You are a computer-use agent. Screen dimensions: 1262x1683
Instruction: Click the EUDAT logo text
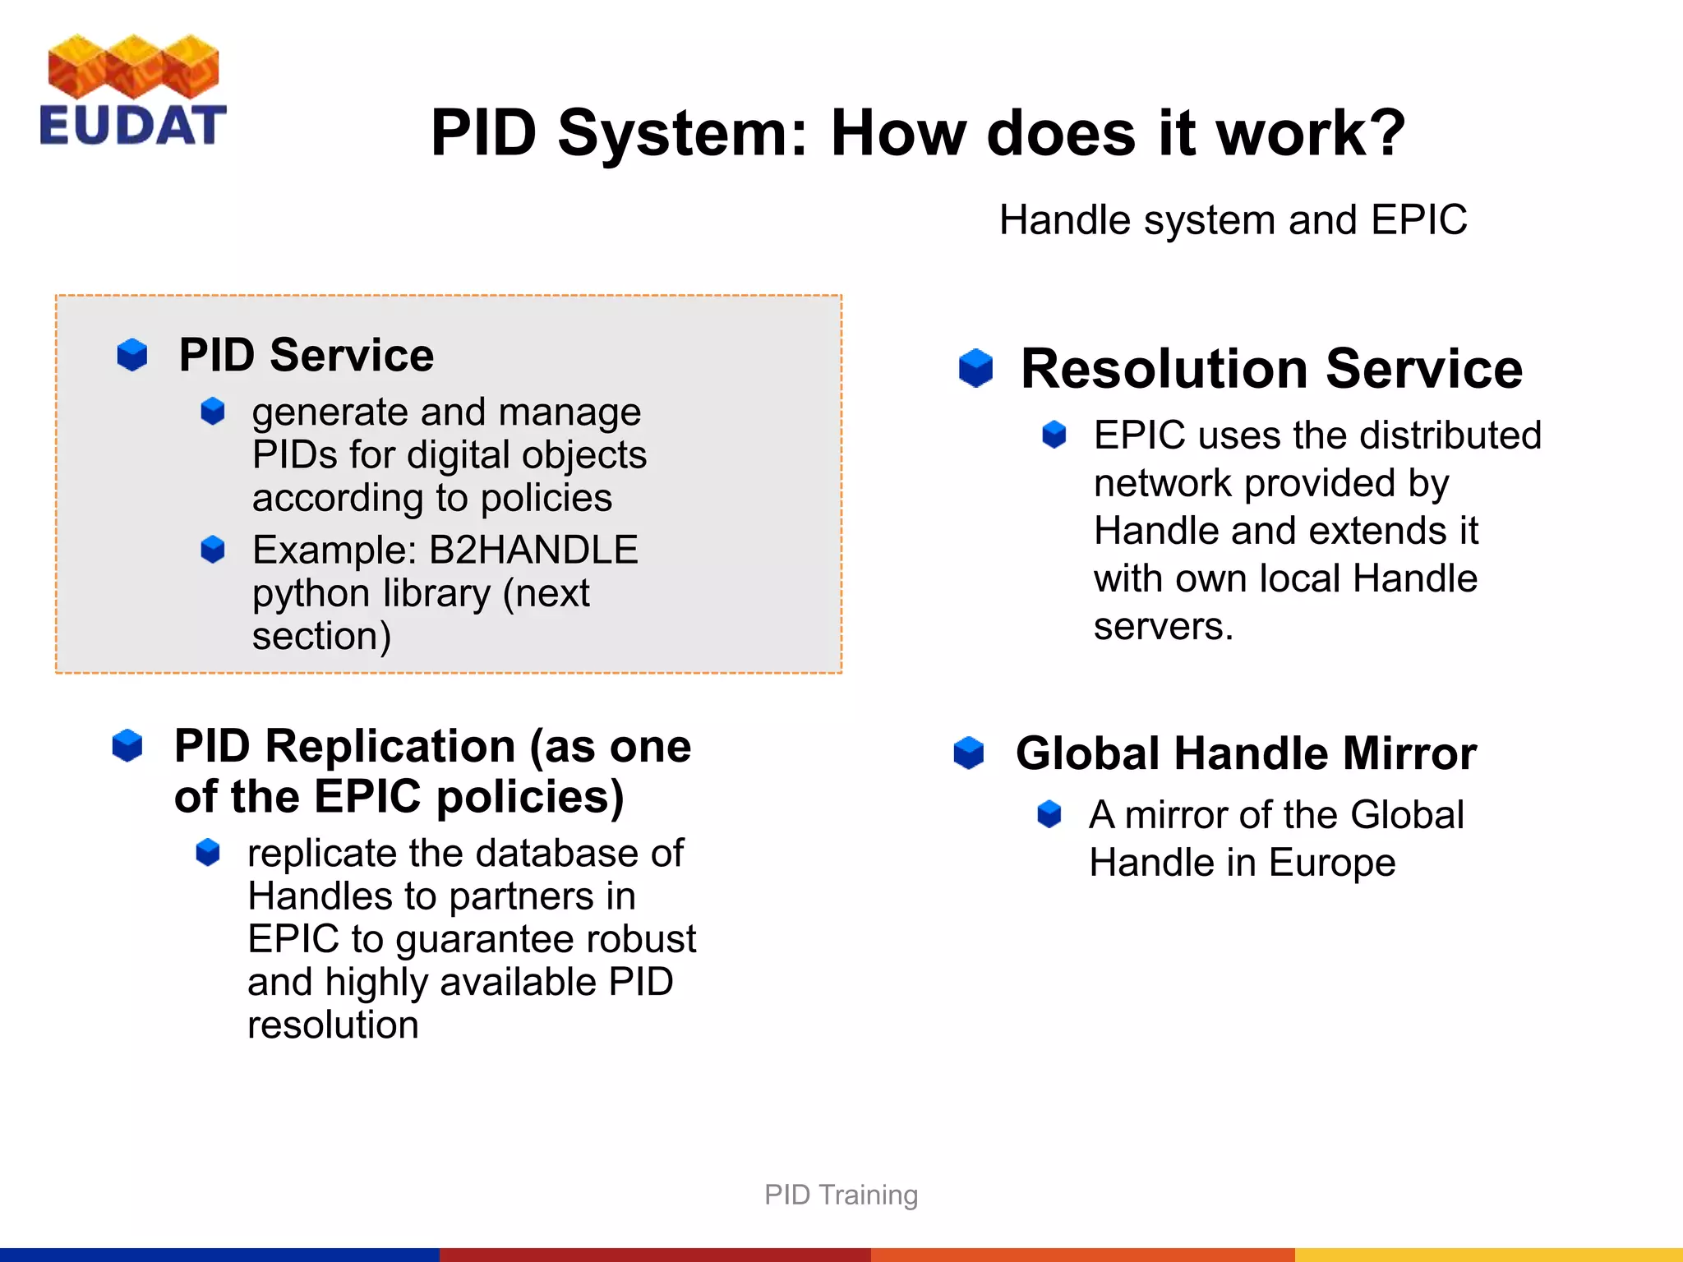pos(132,126)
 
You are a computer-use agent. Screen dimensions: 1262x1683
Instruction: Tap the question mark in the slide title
pos(1382,133)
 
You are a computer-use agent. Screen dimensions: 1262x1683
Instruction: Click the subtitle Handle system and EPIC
pos(1233,220)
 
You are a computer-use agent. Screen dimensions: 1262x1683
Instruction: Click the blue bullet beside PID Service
pos(132,355)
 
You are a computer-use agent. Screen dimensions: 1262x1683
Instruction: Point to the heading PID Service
pos(306,355)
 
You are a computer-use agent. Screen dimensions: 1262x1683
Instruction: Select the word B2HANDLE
pos(533,550)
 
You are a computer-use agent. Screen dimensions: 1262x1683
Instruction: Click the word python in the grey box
pos(311,594)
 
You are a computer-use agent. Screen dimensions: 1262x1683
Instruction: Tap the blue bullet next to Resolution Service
pos(975,368)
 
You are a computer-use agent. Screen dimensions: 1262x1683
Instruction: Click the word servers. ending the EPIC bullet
pos(1163,627)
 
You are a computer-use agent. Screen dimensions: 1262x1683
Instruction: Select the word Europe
pos(1331,864)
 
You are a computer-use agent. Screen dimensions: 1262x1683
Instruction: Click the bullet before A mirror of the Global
pos(1049,814)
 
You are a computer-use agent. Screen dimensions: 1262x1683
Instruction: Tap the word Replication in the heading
pos(389,746)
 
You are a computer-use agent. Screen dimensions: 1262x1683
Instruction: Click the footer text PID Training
pos(841,1195)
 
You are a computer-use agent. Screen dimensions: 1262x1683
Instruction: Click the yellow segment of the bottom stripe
pos(1487,1255)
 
